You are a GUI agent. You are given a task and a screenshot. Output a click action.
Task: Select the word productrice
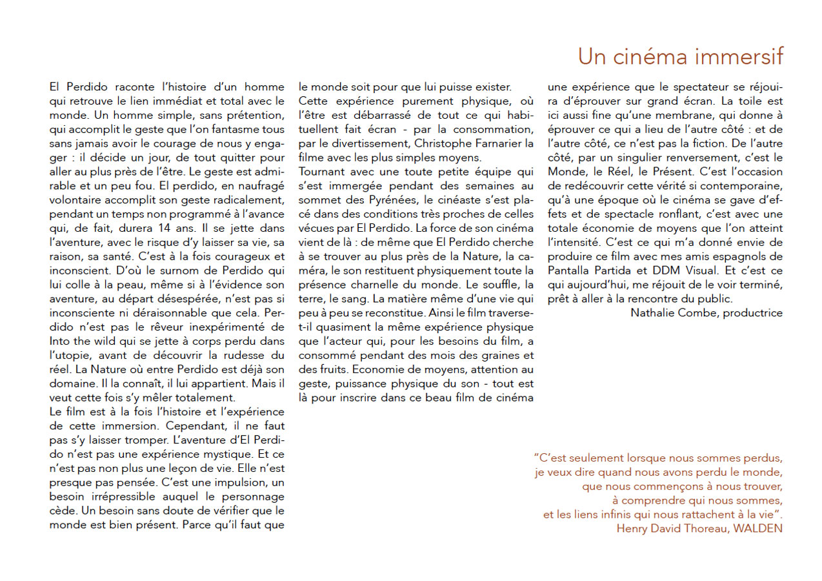pos(753,313)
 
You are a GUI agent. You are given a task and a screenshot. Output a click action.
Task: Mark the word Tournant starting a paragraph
pos(323,172)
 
